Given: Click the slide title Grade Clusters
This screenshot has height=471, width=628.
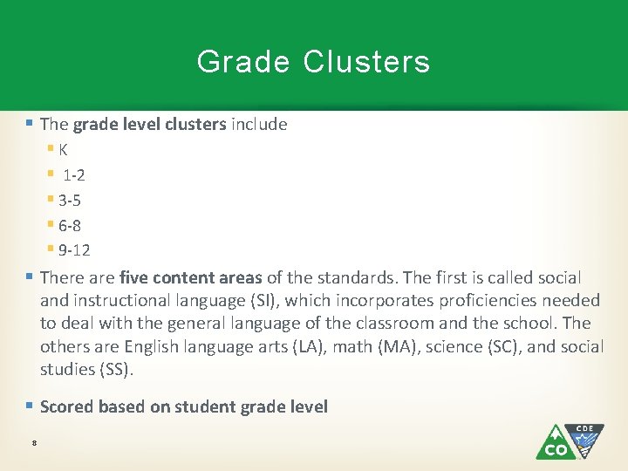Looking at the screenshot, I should point(313,62).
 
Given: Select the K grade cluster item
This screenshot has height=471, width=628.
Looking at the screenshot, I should point(64,149).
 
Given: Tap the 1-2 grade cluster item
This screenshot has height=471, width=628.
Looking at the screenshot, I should point(73,174).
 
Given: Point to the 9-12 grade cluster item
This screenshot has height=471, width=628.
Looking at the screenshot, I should point(74,250).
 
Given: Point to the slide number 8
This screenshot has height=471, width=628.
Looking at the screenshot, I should point(33,444).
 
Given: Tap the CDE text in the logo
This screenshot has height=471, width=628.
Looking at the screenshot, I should point(584,429).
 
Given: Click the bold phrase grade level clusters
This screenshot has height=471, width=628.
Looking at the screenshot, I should point(149,124).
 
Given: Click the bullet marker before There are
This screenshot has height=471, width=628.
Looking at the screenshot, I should point(31,277).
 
